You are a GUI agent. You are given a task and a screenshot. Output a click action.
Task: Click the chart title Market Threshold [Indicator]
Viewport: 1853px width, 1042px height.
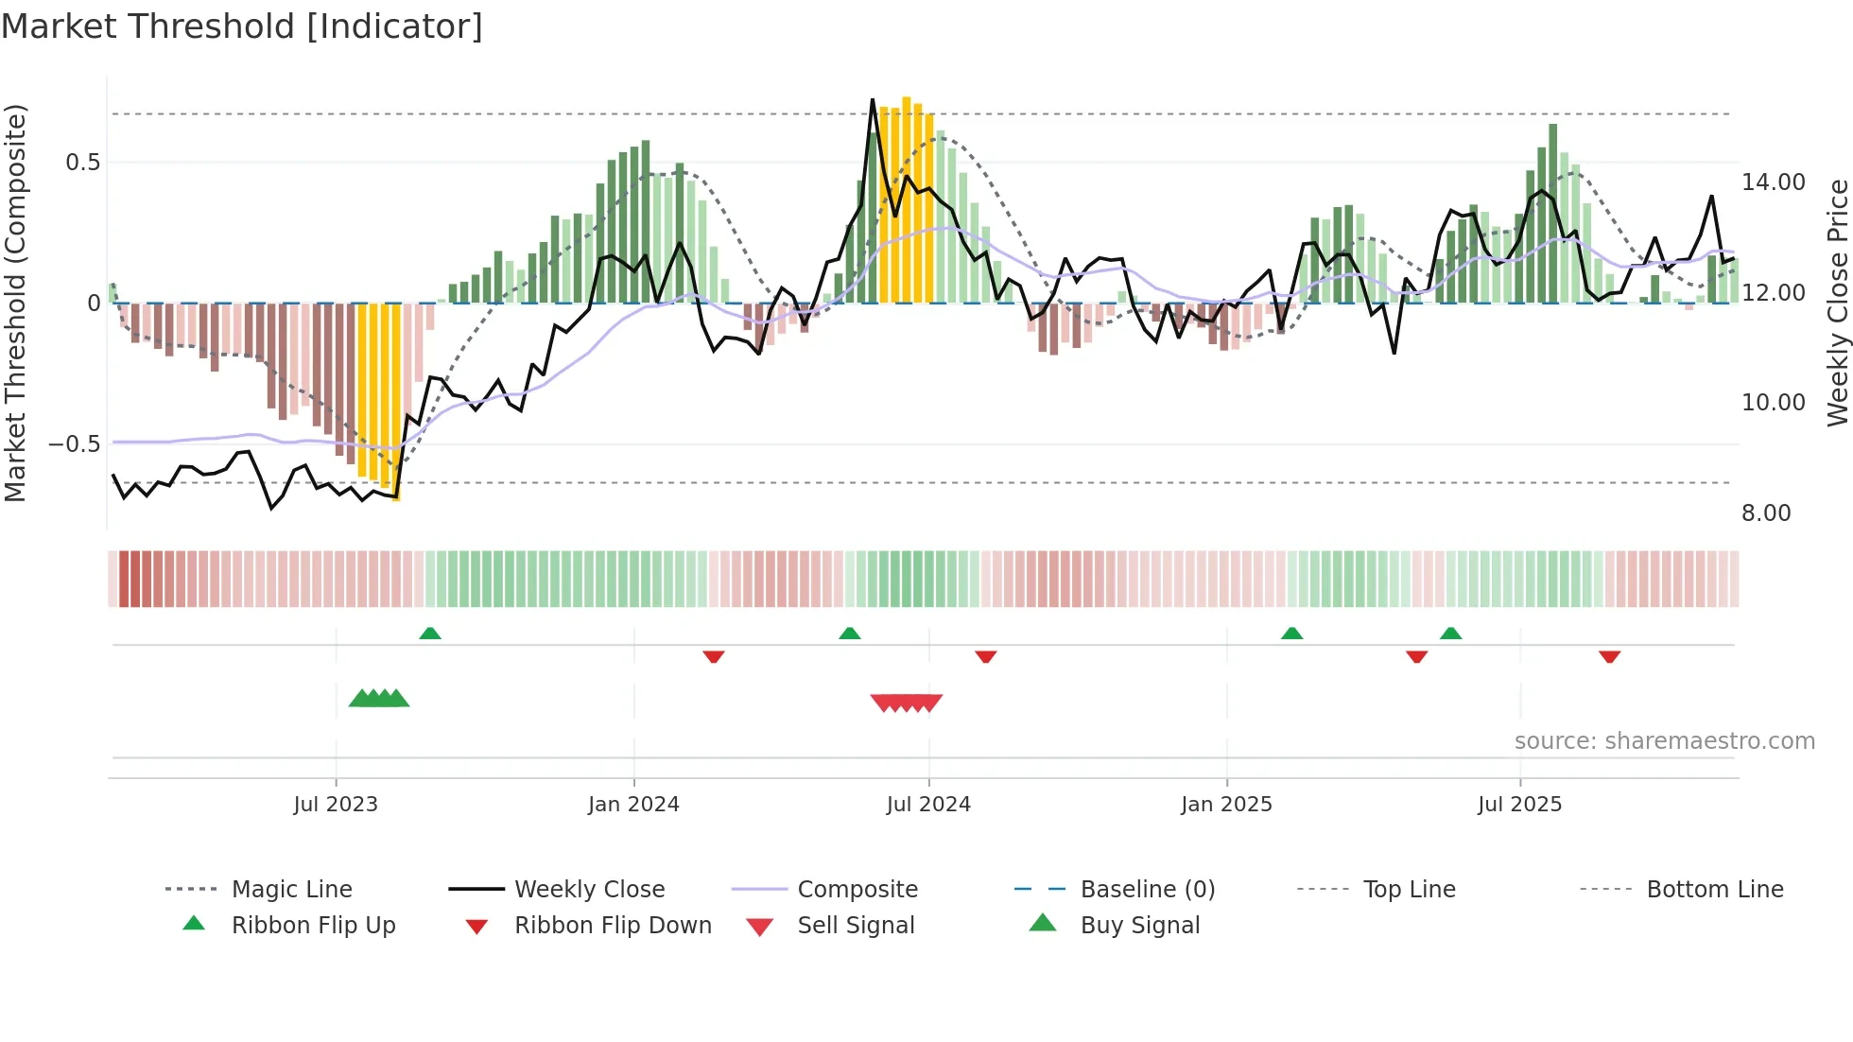click(242, 26)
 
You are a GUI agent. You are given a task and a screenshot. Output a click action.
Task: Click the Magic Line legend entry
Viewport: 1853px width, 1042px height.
click(291, 889)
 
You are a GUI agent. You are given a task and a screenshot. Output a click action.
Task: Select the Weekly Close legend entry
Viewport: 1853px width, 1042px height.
click(589, 889)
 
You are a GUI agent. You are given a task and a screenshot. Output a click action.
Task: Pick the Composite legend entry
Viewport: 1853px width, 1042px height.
click(857, 889)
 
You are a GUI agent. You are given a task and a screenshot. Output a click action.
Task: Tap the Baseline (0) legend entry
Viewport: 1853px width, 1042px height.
click(1147, 889)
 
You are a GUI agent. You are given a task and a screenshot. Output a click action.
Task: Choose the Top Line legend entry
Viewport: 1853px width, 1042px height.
click(1409, 889)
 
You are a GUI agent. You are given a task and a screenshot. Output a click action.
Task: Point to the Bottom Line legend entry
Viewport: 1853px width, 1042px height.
click(1714, 889)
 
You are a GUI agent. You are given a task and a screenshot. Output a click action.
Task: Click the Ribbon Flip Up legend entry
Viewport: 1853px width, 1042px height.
click(313, 925)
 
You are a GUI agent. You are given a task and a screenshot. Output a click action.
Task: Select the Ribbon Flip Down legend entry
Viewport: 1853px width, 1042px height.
click(612, 925)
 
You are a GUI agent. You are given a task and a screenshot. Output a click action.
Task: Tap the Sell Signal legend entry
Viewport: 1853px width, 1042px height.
click(856, 925)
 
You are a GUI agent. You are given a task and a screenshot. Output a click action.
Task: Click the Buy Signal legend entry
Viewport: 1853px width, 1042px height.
click(1139, 925)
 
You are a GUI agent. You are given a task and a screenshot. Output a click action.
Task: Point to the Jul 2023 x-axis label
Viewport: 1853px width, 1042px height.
click(336, 804)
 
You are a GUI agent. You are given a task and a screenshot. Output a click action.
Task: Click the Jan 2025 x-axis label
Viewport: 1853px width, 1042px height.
click(1226, 804)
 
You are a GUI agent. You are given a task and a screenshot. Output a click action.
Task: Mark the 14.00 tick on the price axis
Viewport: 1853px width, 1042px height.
click(1773, 182)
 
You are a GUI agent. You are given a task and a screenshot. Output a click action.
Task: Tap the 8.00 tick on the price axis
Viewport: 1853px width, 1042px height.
click(1766, 512)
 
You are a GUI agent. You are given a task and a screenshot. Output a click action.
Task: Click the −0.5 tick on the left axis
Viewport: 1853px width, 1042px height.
click(74, 443)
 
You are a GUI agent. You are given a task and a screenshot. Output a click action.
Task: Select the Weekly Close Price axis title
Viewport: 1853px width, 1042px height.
click(1837, 303)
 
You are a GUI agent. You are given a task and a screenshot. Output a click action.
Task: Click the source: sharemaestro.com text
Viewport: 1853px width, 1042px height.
click(1664, 740)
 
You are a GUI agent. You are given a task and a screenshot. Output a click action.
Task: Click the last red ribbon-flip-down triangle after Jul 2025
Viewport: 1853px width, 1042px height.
click(1609, 656)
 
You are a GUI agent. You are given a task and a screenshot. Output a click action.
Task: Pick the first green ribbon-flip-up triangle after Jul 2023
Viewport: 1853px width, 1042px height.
click(430, 633)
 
